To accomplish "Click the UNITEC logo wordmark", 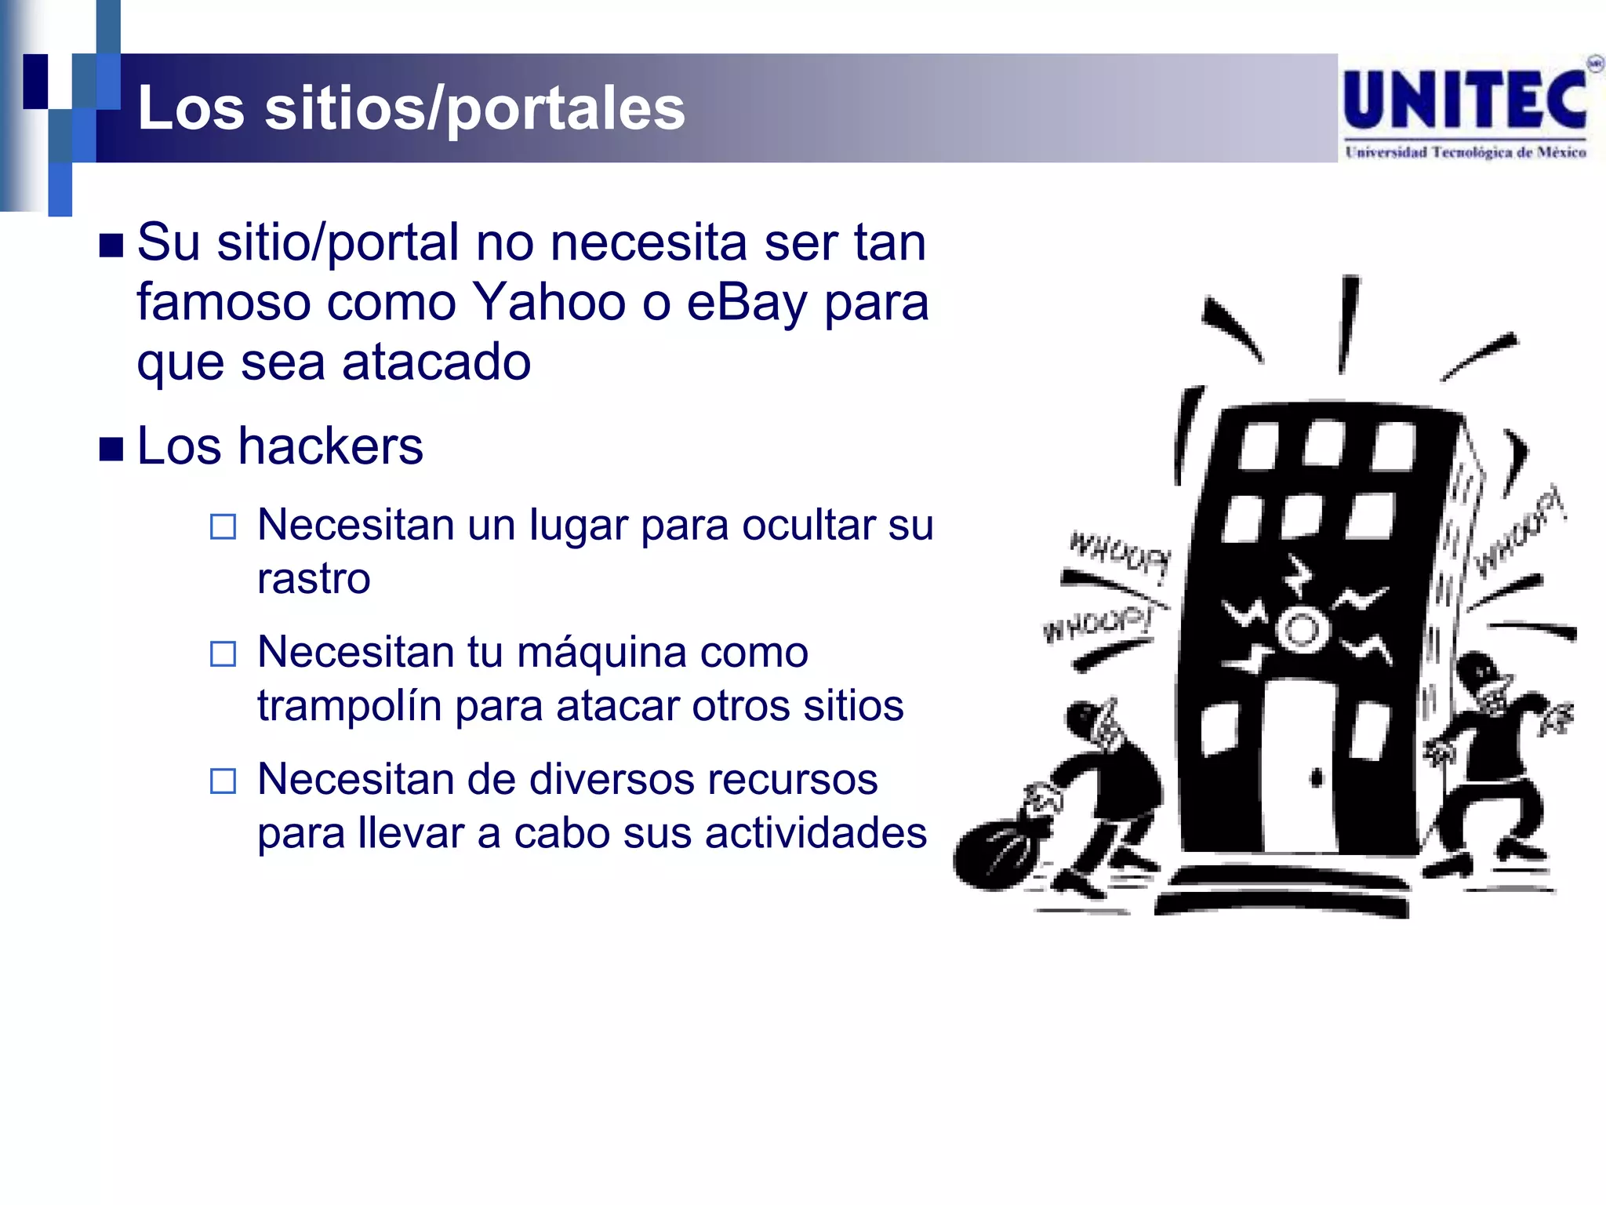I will point(1465,100).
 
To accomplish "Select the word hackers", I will point(330,446).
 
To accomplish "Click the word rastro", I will point(314,579).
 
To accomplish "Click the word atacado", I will point(436,362).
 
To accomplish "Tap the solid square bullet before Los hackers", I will point(111,449).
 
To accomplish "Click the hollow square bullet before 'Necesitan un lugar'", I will point(223,526).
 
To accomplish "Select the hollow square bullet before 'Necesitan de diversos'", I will point(223,781).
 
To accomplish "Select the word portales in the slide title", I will point(565,109).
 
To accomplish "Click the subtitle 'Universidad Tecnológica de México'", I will point(1465,152).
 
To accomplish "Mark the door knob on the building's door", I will point(1317,778).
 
